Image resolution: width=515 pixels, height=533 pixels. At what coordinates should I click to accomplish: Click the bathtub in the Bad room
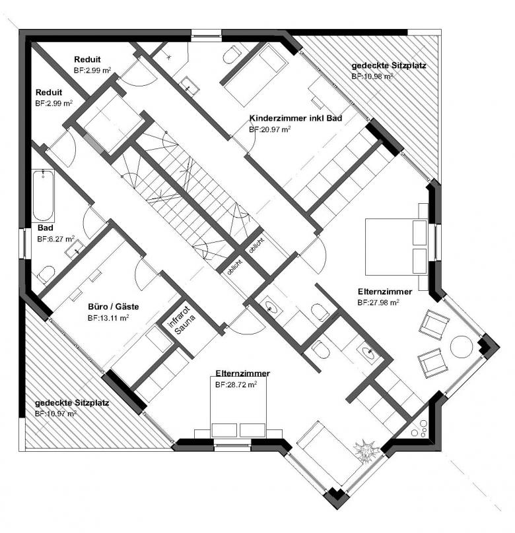point(43,195)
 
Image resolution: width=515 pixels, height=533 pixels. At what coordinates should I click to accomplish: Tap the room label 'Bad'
point(45,229)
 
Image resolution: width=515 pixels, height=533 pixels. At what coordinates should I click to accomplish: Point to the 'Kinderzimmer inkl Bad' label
point(289,119)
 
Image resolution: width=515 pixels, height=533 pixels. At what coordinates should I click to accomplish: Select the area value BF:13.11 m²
point(108,317)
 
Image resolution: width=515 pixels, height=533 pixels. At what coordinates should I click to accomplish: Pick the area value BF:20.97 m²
point(270,130)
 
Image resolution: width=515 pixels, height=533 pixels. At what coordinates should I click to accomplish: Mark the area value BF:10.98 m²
point(372,77)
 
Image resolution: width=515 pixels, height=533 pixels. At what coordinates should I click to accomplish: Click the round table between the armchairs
point(460,346)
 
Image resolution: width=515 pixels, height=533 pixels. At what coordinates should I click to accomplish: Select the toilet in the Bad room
point(46,273)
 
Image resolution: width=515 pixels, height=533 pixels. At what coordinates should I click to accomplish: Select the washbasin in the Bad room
point(75,249)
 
